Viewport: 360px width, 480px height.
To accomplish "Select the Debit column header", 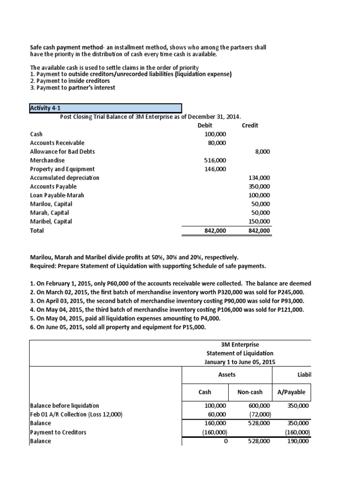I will (205, 126).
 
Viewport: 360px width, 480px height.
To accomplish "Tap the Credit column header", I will (250, 126).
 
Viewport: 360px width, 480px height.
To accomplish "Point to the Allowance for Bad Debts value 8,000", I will (261, 152).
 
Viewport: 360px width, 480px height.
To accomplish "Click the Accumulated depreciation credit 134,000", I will (259, 178).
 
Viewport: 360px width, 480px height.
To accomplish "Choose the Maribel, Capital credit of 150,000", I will (259, 222).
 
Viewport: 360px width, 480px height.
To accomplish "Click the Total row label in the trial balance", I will (37, 231).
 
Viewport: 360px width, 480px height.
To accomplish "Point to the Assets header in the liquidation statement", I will (227, 375).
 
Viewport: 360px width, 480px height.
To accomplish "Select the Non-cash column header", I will (250, 392).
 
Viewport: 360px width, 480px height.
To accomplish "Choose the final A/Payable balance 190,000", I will (298, 441).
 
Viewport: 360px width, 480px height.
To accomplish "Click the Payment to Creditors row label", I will (58, 432).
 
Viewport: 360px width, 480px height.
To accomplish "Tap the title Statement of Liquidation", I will (240, 353).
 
